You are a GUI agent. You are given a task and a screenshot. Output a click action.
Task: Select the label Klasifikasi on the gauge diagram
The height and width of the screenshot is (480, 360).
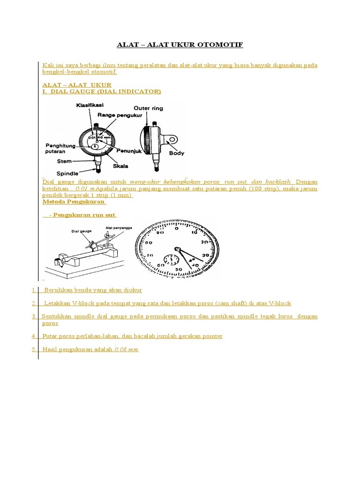point(90,105)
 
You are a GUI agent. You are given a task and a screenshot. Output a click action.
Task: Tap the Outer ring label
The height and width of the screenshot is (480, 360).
point(149,108)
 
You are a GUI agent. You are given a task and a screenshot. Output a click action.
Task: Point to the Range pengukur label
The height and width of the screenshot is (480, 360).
point(117,115)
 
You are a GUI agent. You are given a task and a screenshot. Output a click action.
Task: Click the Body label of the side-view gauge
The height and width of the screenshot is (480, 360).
point(176,153)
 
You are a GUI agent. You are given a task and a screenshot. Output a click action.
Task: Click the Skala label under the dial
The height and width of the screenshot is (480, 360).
point(120,166)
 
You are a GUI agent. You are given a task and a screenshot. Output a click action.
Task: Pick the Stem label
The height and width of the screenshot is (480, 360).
point(64,161)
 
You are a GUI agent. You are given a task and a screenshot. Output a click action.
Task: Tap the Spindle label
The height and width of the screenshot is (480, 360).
point(67,173)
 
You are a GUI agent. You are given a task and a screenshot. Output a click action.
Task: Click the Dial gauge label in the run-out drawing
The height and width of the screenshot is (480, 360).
point(81,231)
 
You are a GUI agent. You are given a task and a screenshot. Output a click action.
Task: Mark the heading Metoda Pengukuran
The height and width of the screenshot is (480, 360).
point(74,202)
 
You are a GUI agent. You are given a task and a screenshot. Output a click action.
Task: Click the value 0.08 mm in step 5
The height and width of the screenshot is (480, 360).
point(126,349)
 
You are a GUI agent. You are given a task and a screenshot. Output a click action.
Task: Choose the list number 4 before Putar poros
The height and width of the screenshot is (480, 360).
point(34,336)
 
